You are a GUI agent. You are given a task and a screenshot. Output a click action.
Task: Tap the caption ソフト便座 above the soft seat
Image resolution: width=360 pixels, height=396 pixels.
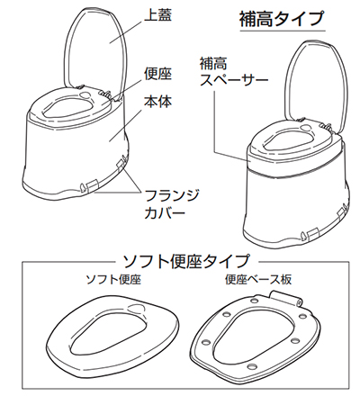112,280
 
